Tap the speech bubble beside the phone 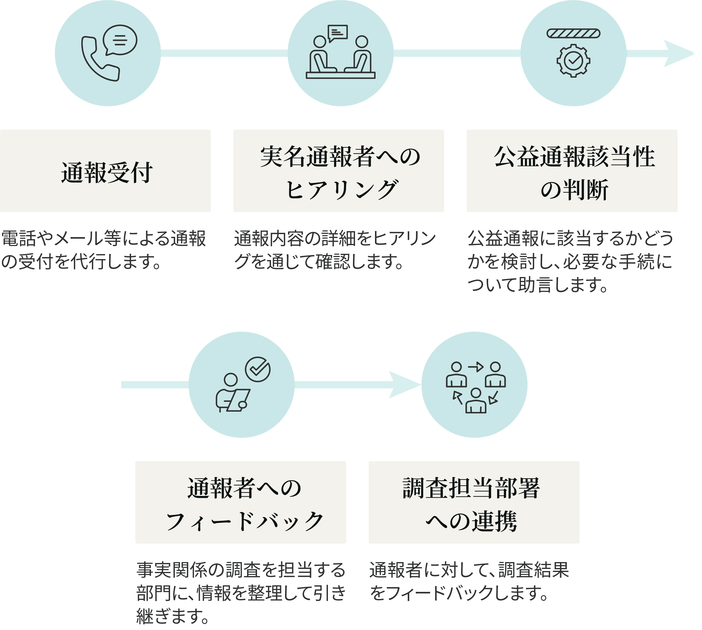tap(120, 40)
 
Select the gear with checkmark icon tap(573, 60)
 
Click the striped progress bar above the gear tap(573, 34)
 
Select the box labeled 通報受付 tap(105, 171)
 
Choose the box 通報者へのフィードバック tap(241, 502)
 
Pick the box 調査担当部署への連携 tap(474, 502)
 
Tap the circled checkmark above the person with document tap(258, 369)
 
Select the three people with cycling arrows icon tap(476, 387)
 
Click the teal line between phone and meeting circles tap(224, 53)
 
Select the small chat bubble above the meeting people tap(337, 33)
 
